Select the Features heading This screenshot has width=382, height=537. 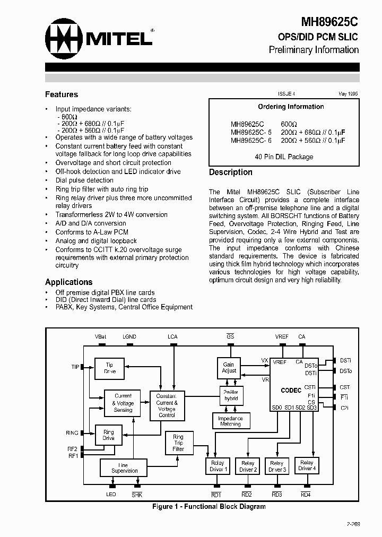tap(62, 94)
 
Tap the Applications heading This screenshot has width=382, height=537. tap(69, 282)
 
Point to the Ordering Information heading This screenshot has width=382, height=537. tap(291, 107)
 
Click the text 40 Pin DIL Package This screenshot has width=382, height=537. tap(284, 157)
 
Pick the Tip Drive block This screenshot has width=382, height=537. tap(109, 368)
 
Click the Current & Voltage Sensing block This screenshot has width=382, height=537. tap(123, 403)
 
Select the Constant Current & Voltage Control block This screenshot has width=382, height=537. tap(167, 405)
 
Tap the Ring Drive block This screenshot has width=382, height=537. tap(109, 435)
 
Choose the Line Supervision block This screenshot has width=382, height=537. tap(124, 467)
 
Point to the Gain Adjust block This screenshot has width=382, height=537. tap(229, 368)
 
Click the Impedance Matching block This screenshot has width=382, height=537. tap(230, 421)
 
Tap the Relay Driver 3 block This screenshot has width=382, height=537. tap(276, 466)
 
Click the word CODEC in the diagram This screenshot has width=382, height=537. tap(291, 390)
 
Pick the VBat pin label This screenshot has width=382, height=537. tap(100, 336)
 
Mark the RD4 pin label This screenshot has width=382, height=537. tap(306, 495)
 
